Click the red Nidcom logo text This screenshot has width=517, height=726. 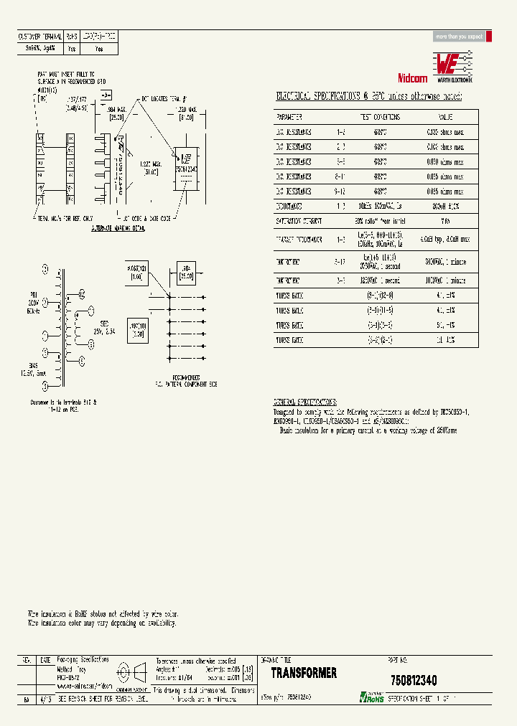pos(412,78)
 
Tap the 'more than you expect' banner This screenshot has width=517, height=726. pos(460,37)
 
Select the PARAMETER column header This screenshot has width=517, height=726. pos(289,116)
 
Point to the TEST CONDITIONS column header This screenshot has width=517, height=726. pos(380,116)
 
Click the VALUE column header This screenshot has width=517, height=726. pos(446,116)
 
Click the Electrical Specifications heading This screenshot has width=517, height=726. pos(369,96)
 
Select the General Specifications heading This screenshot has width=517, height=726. pos(305,402)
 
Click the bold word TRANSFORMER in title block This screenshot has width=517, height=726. pos(304,673)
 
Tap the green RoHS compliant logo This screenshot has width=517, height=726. pos(373,697)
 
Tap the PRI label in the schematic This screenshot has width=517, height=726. pos(33,293)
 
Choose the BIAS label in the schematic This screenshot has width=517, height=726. pos(34,365)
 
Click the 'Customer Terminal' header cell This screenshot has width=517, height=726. pos(39,35)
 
